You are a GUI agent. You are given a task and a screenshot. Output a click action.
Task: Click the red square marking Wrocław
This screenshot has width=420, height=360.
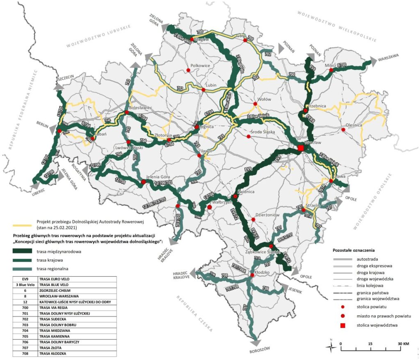pyautogui.click(x=301, y=148)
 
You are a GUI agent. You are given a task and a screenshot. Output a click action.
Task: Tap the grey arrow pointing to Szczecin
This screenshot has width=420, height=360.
pyautogui.click(x=59, y=87)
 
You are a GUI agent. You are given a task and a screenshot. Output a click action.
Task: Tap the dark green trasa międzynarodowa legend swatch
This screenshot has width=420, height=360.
pyautogui.click(x=24, y=251)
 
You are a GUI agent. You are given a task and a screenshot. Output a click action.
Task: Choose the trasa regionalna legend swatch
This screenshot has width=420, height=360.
pyautogui.click(x=24, y=269)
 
